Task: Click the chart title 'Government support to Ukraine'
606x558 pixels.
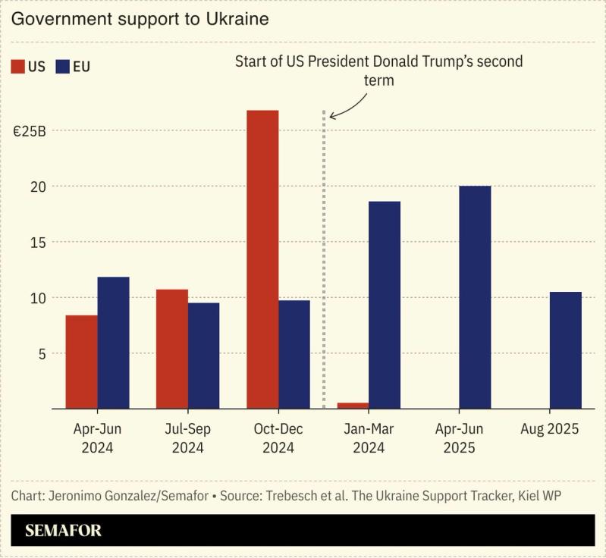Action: click(140, 19)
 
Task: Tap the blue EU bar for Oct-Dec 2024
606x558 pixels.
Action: click(294, 354)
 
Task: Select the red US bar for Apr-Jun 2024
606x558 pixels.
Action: click(81, 362)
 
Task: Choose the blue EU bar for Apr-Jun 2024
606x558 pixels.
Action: click(113, 343)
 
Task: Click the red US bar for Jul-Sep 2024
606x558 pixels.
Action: click(172, 349)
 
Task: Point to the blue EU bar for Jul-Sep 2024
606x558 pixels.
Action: click(203, 356)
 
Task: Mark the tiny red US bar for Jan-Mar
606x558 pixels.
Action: click(353, 406)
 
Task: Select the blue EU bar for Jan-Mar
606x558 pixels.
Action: click(385, 305)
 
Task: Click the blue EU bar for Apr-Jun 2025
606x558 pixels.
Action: click(475, 297)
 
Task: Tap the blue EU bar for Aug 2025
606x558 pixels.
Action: click(565, 350)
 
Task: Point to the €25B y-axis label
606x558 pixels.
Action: click(30, 130)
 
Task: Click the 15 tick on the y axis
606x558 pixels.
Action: click(37, 242)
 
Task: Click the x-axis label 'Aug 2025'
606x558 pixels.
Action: click(550, 429)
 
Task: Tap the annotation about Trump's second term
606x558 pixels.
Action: click(378, 70)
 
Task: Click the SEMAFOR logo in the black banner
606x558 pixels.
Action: click(63, 531)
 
